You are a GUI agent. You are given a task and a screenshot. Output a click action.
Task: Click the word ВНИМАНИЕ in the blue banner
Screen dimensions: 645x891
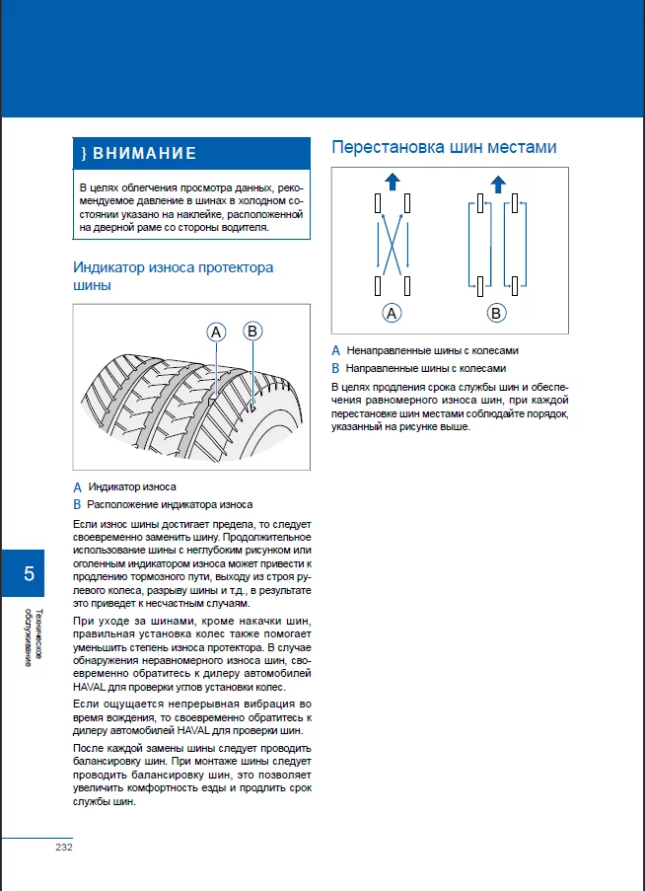(144, 153)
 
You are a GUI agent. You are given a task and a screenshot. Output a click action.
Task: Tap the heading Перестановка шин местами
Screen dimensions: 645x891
(444, 147)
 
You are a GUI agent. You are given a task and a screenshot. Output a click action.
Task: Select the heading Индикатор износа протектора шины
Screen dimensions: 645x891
(174, 276)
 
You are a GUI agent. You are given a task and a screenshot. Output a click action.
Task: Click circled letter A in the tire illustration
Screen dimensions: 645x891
(216, 332)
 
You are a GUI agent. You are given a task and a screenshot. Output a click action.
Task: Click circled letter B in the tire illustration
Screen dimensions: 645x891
(252, 331)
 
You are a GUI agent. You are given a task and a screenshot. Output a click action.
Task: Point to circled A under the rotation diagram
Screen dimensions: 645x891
(392, 313)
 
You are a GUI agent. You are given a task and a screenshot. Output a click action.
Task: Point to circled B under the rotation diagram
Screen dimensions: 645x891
(496, 313)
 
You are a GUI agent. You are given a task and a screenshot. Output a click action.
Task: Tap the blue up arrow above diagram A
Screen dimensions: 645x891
(393, 182)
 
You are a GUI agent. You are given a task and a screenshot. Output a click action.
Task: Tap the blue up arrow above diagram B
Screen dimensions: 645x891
(498, 184)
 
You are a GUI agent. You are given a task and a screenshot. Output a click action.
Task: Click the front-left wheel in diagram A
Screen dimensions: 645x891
(378, 203)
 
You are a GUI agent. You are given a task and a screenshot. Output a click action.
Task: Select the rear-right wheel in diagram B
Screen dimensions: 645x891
(515, 286)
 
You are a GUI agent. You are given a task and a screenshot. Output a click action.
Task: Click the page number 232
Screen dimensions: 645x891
(64, 848)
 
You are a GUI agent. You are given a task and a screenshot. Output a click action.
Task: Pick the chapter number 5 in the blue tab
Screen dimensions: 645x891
(29, 573)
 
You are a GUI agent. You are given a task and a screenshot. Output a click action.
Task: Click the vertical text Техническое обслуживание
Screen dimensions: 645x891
(34, 636)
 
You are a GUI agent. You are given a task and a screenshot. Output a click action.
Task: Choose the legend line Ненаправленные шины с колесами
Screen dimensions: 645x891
(433, 350)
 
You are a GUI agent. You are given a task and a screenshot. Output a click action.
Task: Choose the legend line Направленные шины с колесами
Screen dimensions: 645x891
(426, 368)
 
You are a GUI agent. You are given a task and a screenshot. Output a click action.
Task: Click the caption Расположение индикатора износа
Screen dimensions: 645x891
(170, 504)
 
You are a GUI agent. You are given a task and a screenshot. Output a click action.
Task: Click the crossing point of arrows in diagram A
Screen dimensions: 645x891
(392, 245)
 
